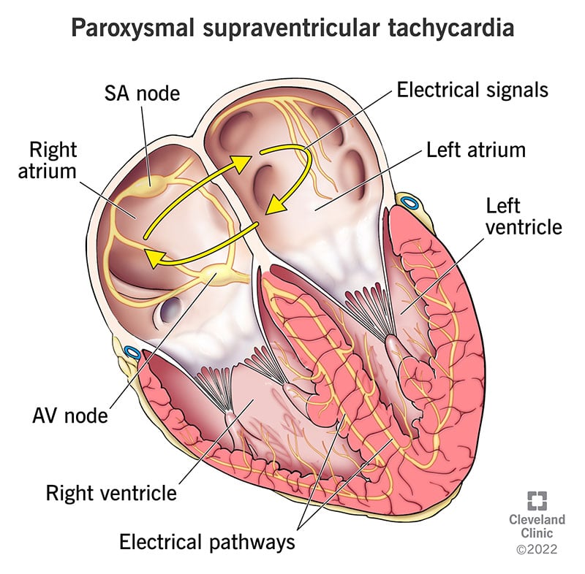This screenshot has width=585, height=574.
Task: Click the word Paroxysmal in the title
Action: pos(132,28)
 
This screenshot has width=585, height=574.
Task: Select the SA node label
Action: pos(142,93)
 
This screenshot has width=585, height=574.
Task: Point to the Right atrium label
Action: pos(48,160)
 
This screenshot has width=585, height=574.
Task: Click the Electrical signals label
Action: pos(472,90)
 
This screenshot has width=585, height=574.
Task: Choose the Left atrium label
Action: pos(476,150)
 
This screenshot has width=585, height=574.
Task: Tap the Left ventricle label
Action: pos(524,216)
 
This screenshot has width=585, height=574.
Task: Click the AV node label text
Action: pos(70,415)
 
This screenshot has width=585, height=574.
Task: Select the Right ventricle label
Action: pos(111,493)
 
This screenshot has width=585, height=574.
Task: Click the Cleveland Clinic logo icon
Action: pos(537,501)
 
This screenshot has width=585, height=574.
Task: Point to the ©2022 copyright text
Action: pos(537,549)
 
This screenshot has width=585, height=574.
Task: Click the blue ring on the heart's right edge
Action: pos(409,203)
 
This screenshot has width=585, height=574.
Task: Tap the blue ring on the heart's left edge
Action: pos(132,352)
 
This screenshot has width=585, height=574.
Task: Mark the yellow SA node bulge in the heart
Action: pos(151,185)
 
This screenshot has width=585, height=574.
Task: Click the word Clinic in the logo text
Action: pos(537,532)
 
